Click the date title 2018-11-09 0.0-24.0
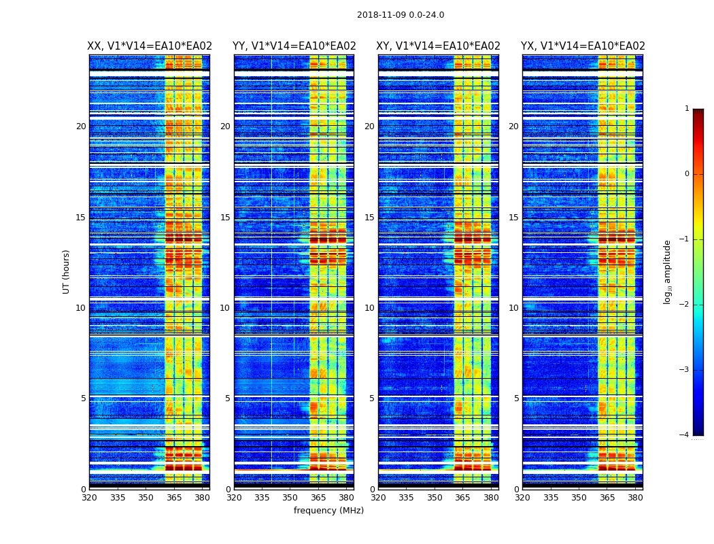pyautogui.click(x=401, y=15)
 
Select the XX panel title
pyautogui.click(x=150, y=46)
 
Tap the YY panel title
pyautogui.click(x=294, y=46)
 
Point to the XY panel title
pyautogui.click(x=439, y=46)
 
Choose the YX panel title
pyautogui.click(x=583, y=46)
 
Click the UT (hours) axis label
pyautogui.click(x=67, y=271)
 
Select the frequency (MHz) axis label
pyautogui.click(x=328, y=511)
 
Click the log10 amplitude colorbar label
pyautogui.click(x=668, y=271)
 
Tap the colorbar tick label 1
pyautogui.click(x=687, y=109)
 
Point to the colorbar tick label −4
pyautogui.click(x=685, y=435)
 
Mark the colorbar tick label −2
pyautogui.click(x=685, y=305)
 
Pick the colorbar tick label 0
pyautogui.click(x=687, y=174)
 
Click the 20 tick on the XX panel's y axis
pyautogui.click(x=81, y=126)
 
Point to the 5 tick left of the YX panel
pyautogui.click(x=516, y=398)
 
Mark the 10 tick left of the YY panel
pyautogui.click(x=225, y=308)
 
